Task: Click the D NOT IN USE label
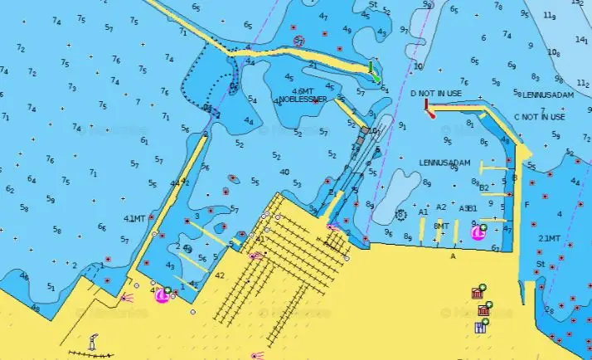(x=435, y=94)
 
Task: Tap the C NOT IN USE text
(x=539, y=117)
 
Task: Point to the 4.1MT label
(x=134, y=219)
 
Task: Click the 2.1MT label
(x=549, y=238)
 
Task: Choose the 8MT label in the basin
(x=441, y=226)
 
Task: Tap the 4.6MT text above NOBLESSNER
(x=303, y=90)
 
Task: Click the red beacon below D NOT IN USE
(x=429, y=109)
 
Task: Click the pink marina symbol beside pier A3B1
(x=478, y=233)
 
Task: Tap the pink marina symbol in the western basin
(x=162, y=294)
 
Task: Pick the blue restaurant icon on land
(x=480, y=327)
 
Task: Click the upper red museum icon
(x=477, y=293)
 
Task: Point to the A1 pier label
(x=423, y=212)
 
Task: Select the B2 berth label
(x=484, y=187)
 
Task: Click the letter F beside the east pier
(x=526, y=204)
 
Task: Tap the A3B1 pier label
(x=468, y=208)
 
